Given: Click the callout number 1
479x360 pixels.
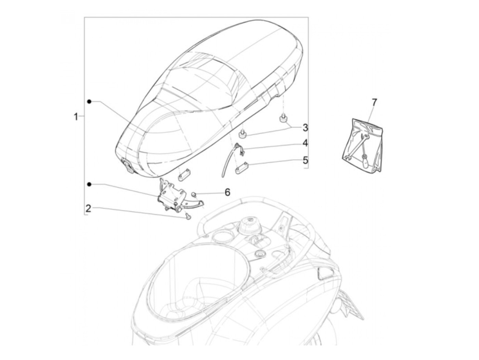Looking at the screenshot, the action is coord(76,117).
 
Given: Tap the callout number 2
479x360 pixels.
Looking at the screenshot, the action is coord(88,208).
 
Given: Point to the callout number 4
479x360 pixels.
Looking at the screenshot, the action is coord(305,143).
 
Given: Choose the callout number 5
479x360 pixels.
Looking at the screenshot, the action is coord(305,160).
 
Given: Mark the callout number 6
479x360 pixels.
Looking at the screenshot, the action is coord(228,192).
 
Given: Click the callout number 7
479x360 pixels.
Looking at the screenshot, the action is coord(374,102).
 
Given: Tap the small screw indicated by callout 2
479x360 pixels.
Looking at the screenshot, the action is coord(187,216).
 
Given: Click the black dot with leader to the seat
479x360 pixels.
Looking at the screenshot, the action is coord(89,102).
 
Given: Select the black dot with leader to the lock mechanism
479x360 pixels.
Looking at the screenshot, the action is coord(89,184).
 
